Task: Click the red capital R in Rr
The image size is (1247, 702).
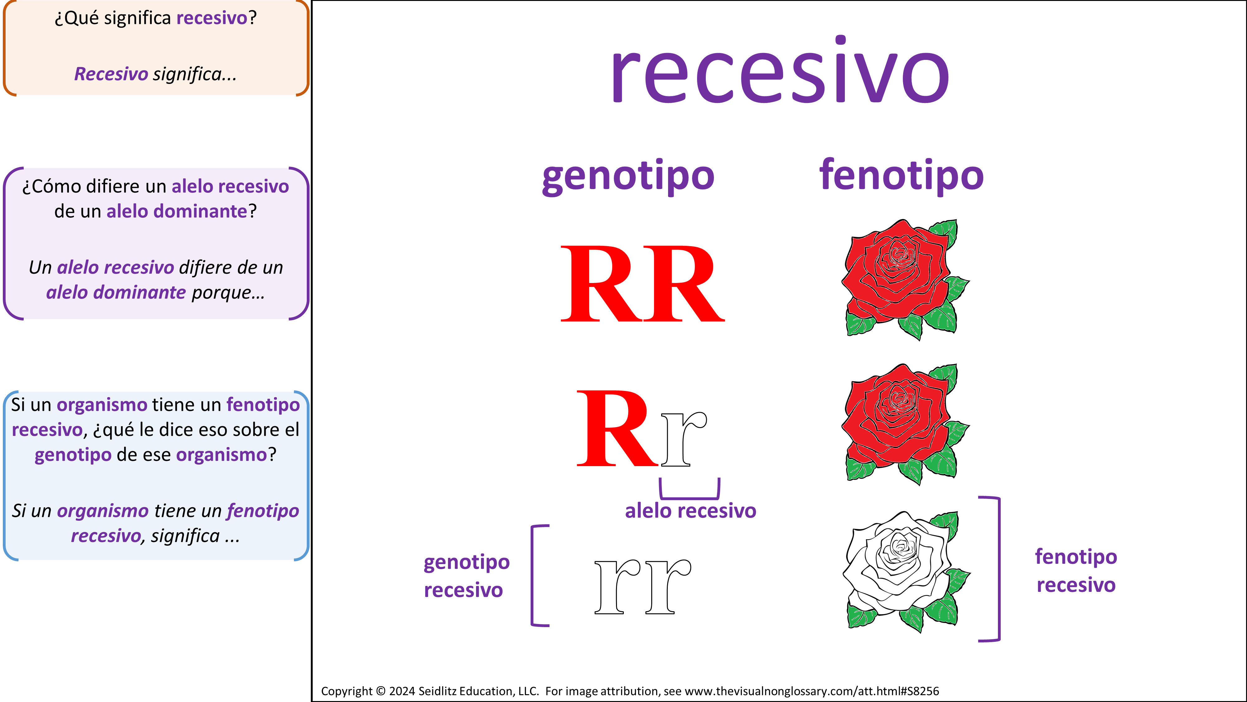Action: point(617,428)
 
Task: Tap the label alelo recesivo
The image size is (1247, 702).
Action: point(690,511)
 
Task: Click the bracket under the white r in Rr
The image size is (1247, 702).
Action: point(690,498)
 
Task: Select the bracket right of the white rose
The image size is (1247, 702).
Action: point(999,569)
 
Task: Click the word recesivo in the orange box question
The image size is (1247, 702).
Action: point(212,18)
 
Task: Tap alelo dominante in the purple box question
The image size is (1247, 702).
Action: point(177,211)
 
